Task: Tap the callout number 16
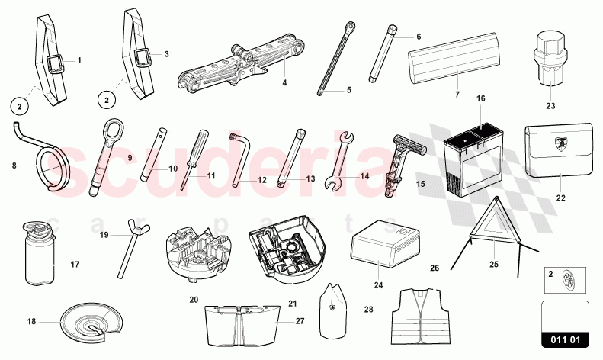point(480,98)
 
